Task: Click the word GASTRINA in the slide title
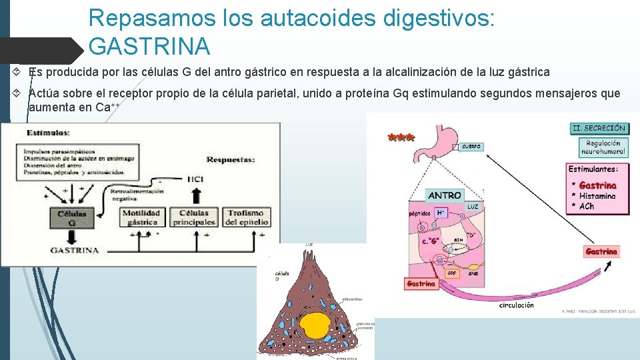149,47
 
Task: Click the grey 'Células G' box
71,219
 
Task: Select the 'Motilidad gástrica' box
141,217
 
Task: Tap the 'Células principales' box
194,217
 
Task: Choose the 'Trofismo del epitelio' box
246,217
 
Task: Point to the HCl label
195,179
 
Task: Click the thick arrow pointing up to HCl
195,196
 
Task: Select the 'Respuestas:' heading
231,160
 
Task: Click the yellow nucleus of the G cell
315,326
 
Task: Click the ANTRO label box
445,195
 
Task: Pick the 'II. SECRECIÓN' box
599,127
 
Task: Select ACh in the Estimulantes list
587,206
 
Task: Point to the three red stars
401,138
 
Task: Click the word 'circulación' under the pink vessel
516,305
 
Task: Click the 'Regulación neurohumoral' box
603,147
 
